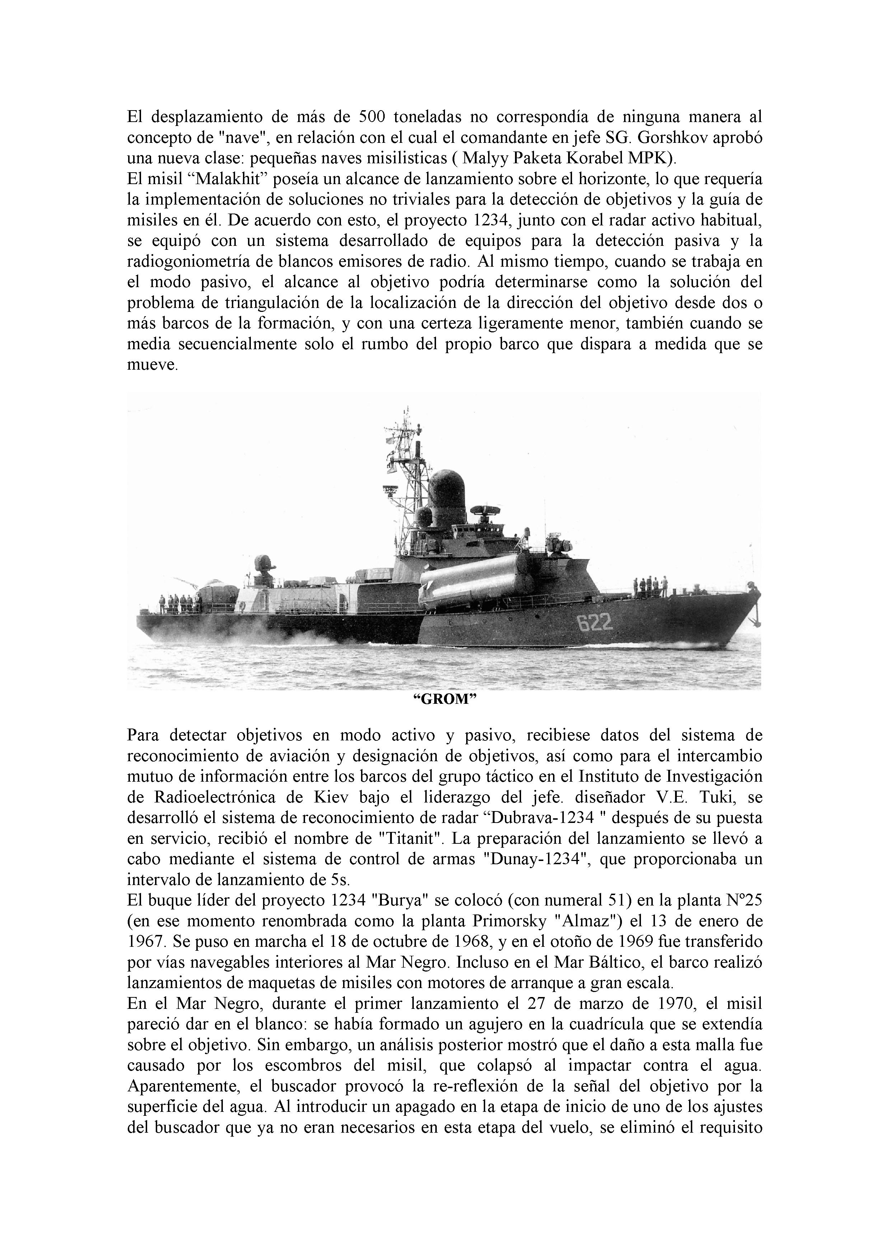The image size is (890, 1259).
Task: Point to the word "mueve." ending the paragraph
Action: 153,365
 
